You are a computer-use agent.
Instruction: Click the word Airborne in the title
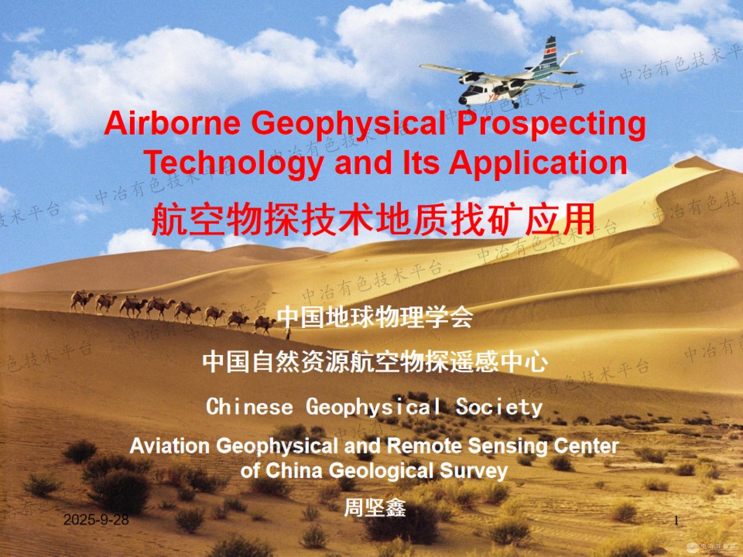(172, 124)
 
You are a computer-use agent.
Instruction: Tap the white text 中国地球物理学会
(375, 318)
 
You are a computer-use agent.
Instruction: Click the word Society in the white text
(499, 408)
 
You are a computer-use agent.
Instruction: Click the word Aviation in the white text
(169, 446)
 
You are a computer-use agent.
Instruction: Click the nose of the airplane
(463, 100)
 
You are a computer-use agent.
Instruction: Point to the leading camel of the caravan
(265, 325)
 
